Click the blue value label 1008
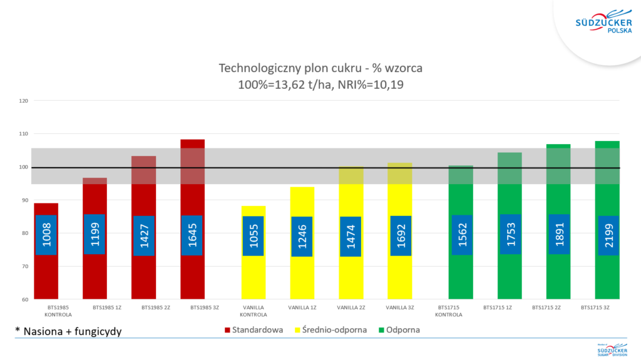[46, 235]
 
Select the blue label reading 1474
[351, 236]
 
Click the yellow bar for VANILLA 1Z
[302, 275]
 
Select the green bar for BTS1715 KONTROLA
[461, 275]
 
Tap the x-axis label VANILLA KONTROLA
[253, 311]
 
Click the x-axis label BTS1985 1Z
[95, 308]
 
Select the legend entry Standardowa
[253, 329]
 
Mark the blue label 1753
[510, 234]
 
